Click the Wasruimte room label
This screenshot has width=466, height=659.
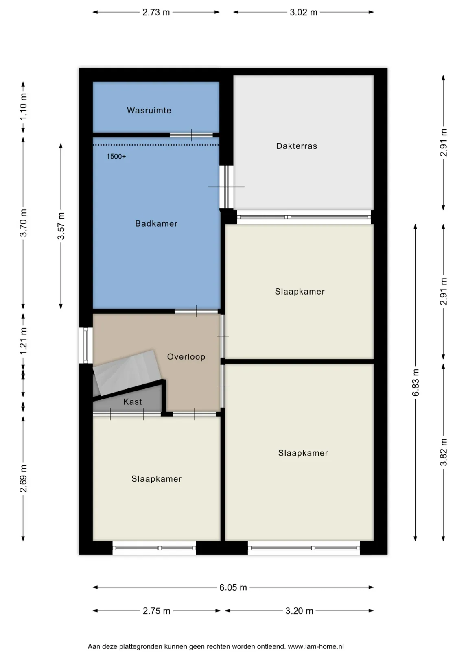click(x=149, y=110)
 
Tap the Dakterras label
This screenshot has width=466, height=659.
click(x=296, y=146)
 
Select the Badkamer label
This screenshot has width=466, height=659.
click(x=156, y=223)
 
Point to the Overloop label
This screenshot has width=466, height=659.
click(x=186, y=357)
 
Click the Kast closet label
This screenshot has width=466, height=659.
click(x=132, y=402)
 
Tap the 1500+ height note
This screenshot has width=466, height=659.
click(x=116, y=156)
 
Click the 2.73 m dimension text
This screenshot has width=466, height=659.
click(x=156, y=12)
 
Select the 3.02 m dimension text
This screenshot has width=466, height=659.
click(x=304, y=12)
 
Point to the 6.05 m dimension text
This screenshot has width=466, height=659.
click(x=233, y=587)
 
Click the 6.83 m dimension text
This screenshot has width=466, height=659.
click(x=416, y=382)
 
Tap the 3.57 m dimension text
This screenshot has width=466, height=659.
click(x=61, y=226)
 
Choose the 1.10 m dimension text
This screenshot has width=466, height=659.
click(x=23, y=107)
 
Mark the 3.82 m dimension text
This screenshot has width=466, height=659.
click(x=443, y=452)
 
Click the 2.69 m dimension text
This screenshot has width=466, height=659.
click(x=23, y=478)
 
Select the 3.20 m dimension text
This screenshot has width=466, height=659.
click(x=299, y=611)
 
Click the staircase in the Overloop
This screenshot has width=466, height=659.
click(x=127, y=373)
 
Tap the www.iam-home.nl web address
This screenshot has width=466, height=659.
click(x=315, y=646)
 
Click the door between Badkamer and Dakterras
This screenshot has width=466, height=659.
click(x=226, y=187)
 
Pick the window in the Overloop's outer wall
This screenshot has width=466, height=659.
click(x=85, y=345)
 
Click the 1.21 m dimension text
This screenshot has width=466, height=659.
click(x=23, y=341)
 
